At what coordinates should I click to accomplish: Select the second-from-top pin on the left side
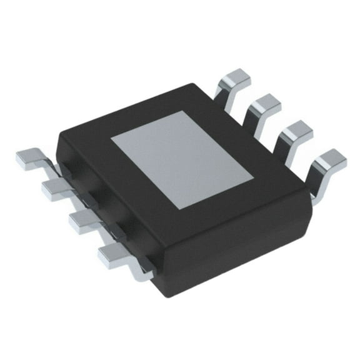point(55,188)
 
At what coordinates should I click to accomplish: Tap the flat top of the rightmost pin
point(330,159)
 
